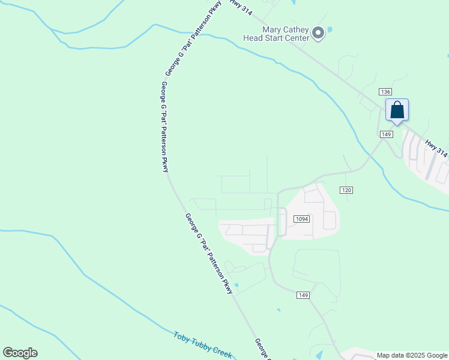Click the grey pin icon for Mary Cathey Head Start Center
pyautogui.click(x=318, y=34)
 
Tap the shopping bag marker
pyautogui.click(x=397, y=110)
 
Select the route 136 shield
pyautogui.click(x=385, y=91)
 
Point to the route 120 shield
pyautogui.click(x=346, y=190)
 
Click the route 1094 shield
pyautogui.click(x=301, y=219)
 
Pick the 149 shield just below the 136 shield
pyautogui.click(x=387, y=134)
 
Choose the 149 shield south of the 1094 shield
pyautogui.click(x=303, y=295)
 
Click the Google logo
pyautogui.click(x=20, y=353)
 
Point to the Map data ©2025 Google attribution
pyautogui.click(x=412, y=356)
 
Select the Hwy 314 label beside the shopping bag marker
pyautogui.click(x=436, y=148)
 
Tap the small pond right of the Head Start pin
pyautogui.click(x=330, y=29)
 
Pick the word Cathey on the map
pyautogui.click(x=295, y=29)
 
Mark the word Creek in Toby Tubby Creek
pyautogui.click(x=221, y=352)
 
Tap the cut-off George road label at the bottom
pyautogui.click(x=261, y=349)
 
